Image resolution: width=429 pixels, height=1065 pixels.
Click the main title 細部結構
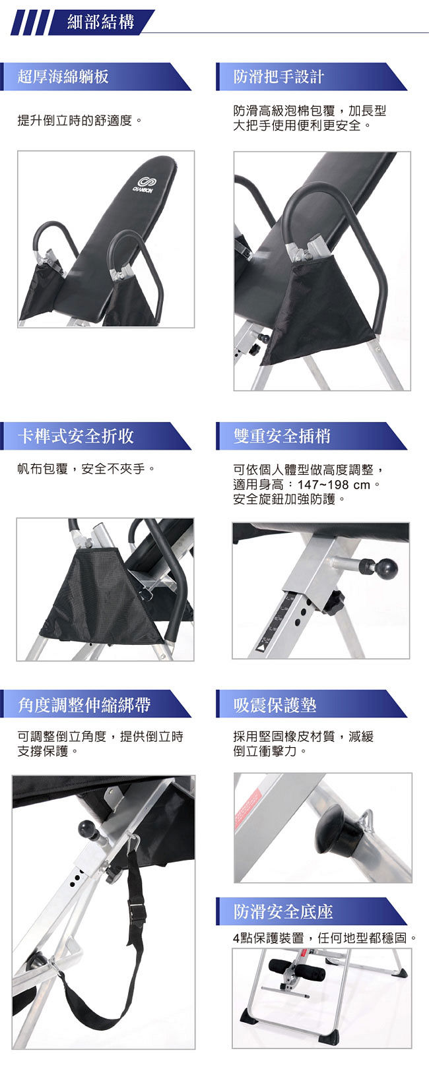[100, 22]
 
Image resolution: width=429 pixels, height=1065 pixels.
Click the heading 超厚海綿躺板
[63, 76]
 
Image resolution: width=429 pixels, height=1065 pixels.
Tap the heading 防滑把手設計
[279, 76]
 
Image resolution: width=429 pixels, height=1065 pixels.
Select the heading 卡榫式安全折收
[76, 436]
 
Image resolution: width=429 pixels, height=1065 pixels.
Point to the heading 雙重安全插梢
[282, 436]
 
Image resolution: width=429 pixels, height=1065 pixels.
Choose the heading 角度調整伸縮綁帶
[84, 704]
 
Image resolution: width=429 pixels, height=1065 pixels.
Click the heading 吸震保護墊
[275, 704]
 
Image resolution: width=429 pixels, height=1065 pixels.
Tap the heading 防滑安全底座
[283, 911]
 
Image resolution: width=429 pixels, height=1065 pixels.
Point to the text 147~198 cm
[333, 485]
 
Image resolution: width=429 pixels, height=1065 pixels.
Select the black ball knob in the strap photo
[88, 828]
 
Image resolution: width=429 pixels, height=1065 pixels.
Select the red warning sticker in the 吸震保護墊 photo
[247, 808]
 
